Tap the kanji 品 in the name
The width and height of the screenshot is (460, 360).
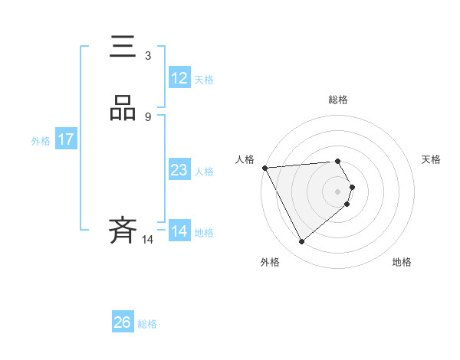(123, 108)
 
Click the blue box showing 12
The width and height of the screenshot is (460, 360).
(179, 78)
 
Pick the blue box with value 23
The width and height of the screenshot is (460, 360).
(179, 170)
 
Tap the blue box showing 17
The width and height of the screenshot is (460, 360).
(65, 139)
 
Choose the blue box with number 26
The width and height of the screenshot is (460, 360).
(123, 322)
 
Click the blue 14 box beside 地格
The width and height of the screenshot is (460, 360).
(179, 231)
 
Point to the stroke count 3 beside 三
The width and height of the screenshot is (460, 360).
(147, 55)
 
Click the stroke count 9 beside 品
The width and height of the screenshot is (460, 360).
(147, 116)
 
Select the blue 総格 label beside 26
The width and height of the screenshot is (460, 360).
(147, 324)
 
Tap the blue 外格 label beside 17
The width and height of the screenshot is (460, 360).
(40, 140)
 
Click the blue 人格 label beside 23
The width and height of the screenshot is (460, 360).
(205, 172)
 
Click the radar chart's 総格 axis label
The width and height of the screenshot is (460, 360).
(338, 100)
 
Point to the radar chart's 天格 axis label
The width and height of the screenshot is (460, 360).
(431, 159)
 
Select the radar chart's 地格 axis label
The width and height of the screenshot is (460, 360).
(402, 262)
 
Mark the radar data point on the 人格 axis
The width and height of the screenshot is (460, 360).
(264, 167)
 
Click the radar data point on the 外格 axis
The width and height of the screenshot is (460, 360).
(301, 242)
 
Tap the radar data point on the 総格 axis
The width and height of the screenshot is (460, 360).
(338, 161)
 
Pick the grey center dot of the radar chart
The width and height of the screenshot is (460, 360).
(338, 191)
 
